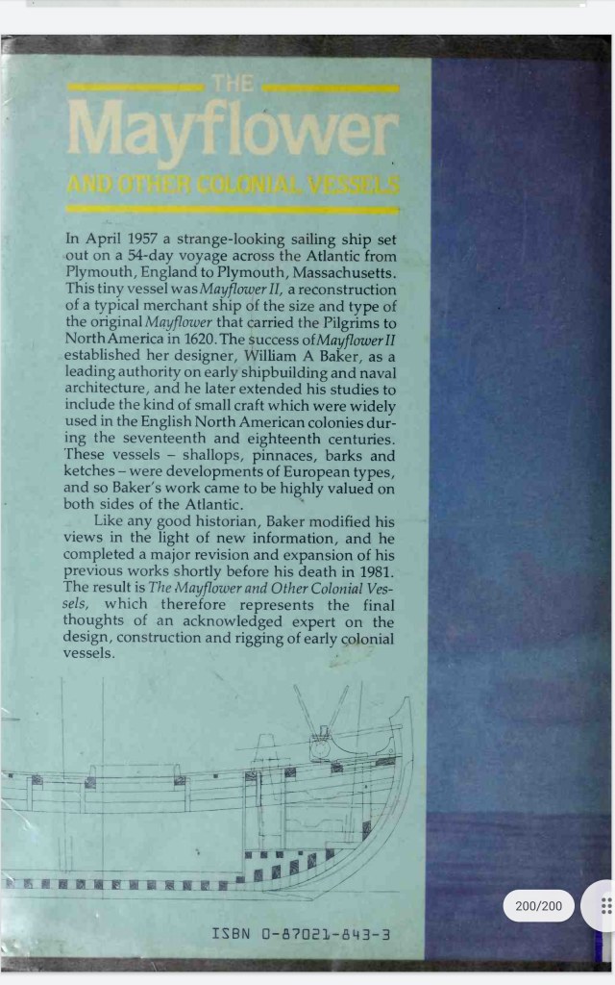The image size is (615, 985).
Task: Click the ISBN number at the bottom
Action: [302, 934]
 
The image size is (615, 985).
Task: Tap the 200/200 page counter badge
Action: [538, 905]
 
